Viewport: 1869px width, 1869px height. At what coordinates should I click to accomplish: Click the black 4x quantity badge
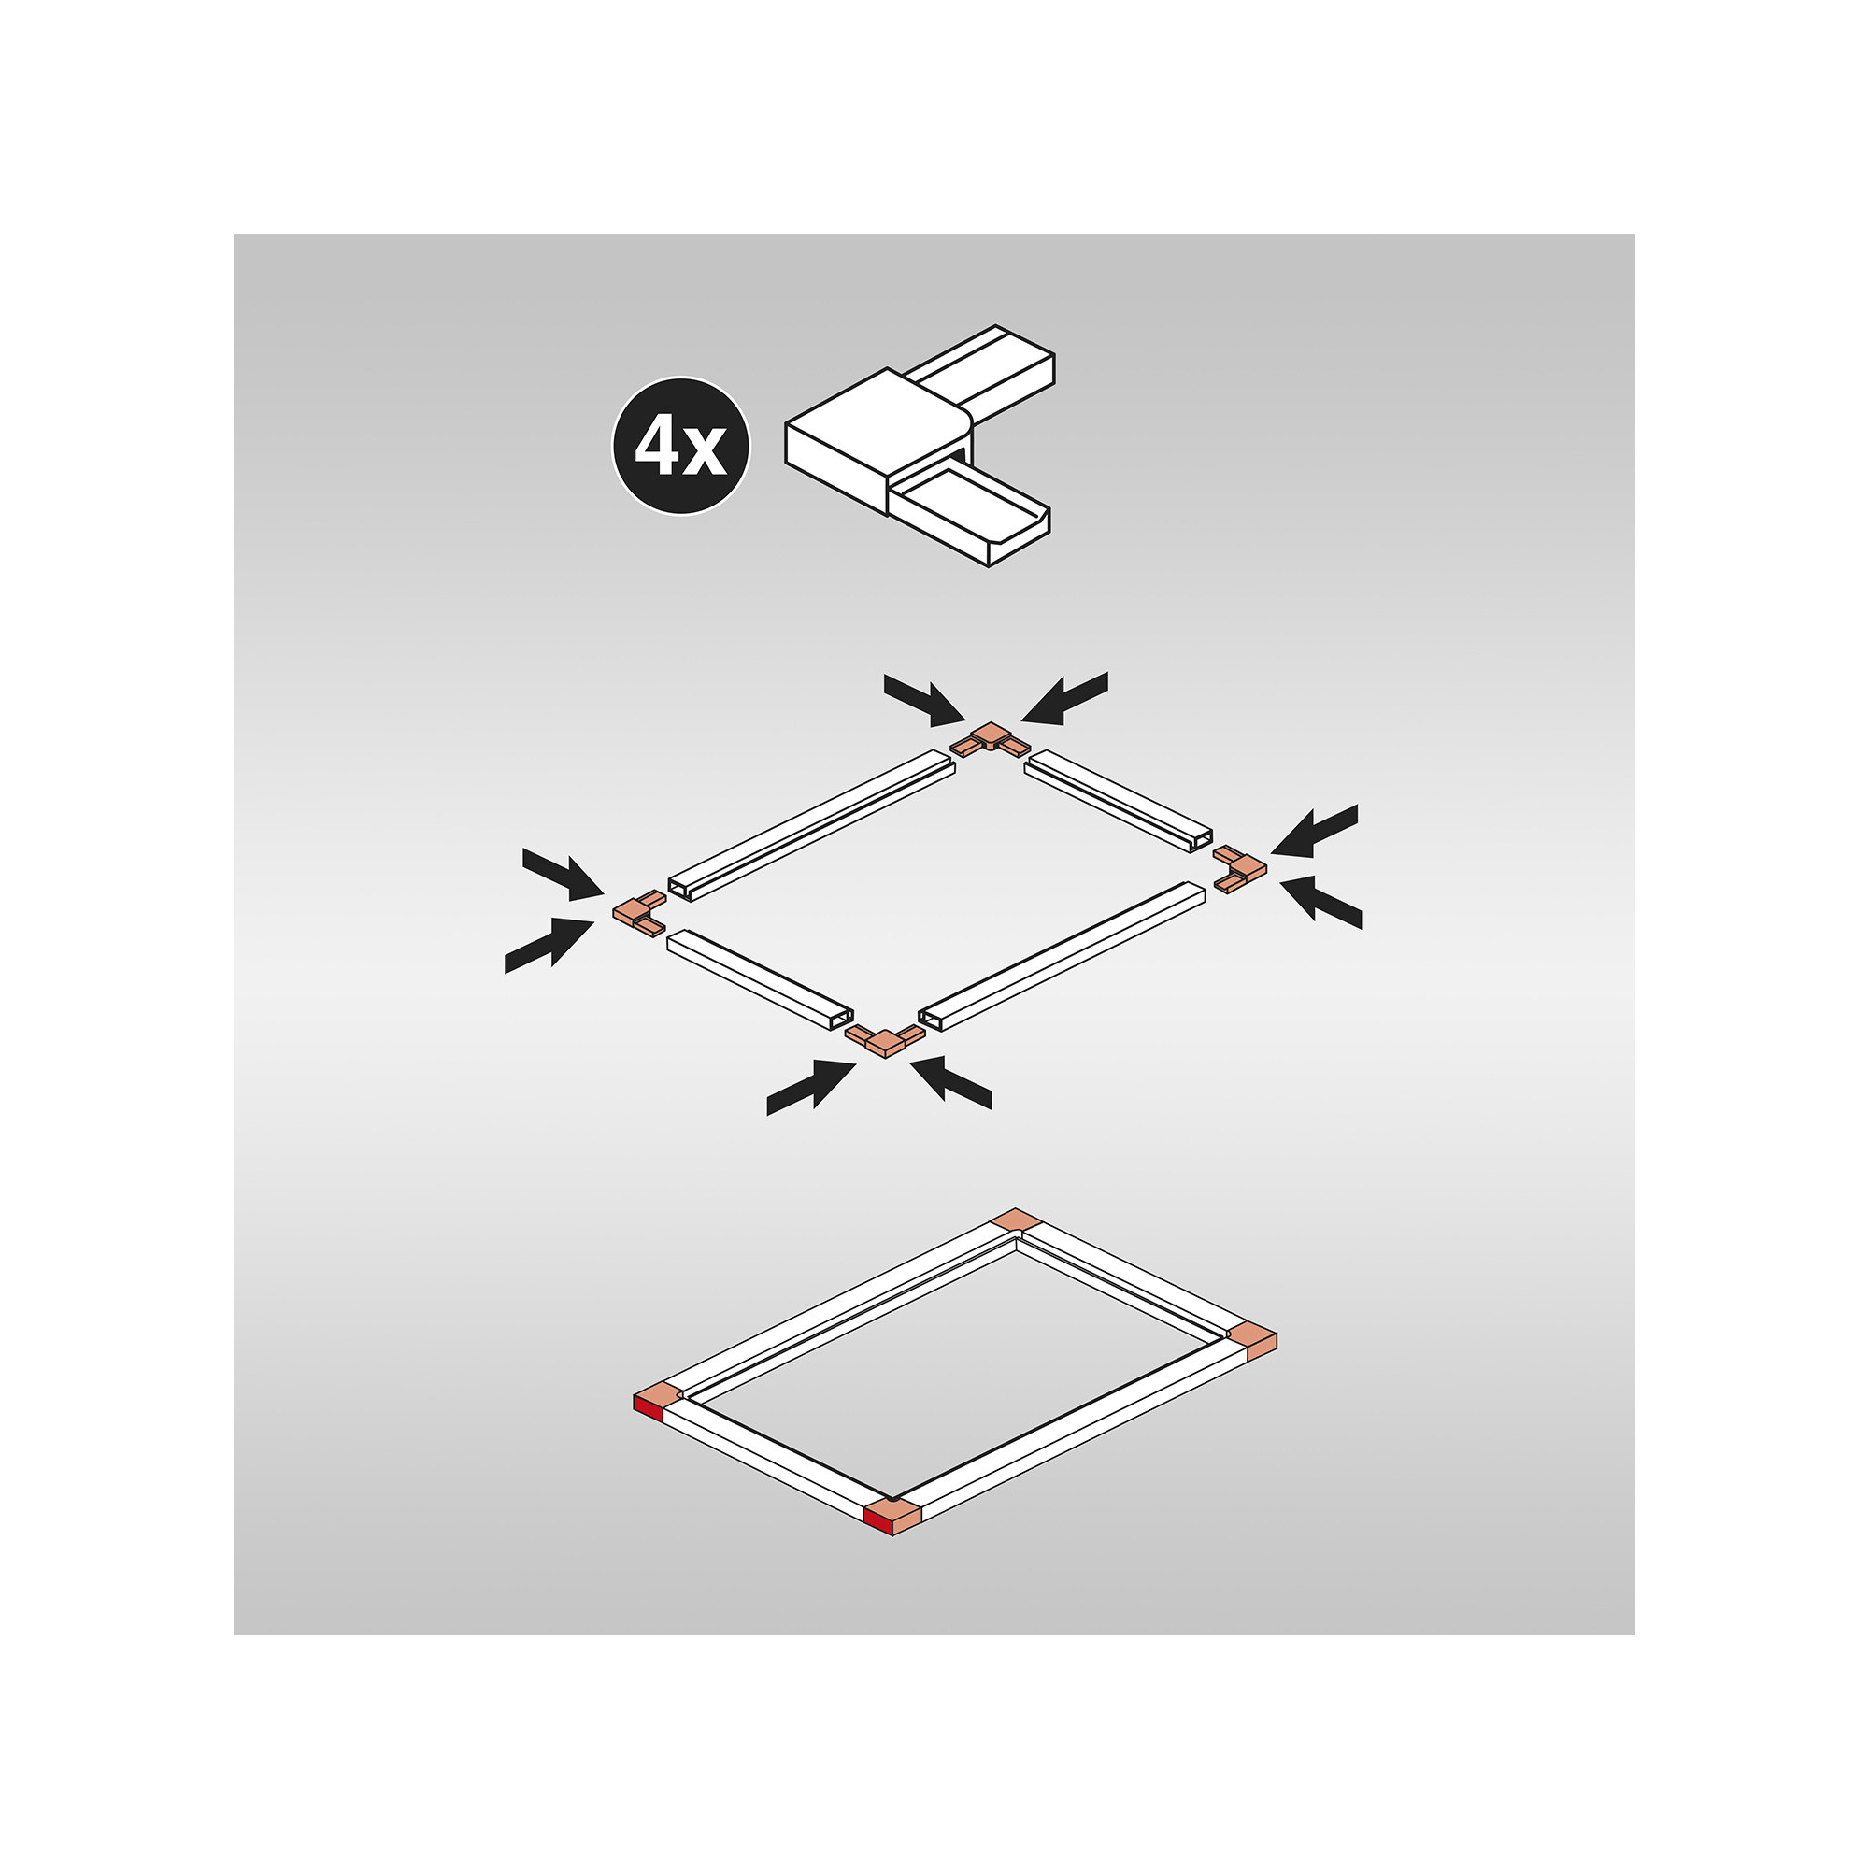point(681,446)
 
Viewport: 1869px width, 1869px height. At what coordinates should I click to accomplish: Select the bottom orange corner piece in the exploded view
point(885,1041)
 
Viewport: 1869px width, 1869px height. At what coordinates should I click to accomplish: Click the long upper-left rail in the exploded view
point(812,825)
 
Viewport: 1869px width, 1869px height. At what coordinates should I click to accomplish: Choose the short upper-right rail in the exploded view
point(1119,801)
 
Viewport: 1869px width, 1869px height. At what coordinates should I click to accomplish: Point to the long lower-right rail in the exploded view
point(1062,956)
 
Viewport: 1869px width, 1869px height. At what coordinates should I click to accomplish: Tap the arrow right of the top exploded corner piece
point(1063,698)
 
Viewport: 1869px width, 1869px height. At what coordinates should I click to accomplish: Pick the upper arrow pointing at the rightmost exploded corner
point(1315,831)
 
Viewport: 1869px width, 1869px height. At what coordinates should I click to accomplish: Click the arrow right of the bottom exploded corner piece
point(951,1082)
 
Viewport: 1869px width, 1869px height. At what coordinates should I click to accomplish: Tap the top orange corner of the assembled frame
point(1016,1220)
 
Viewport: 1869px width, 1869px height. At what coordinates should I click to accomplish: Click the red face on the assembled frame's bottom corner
point(878,1523)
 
